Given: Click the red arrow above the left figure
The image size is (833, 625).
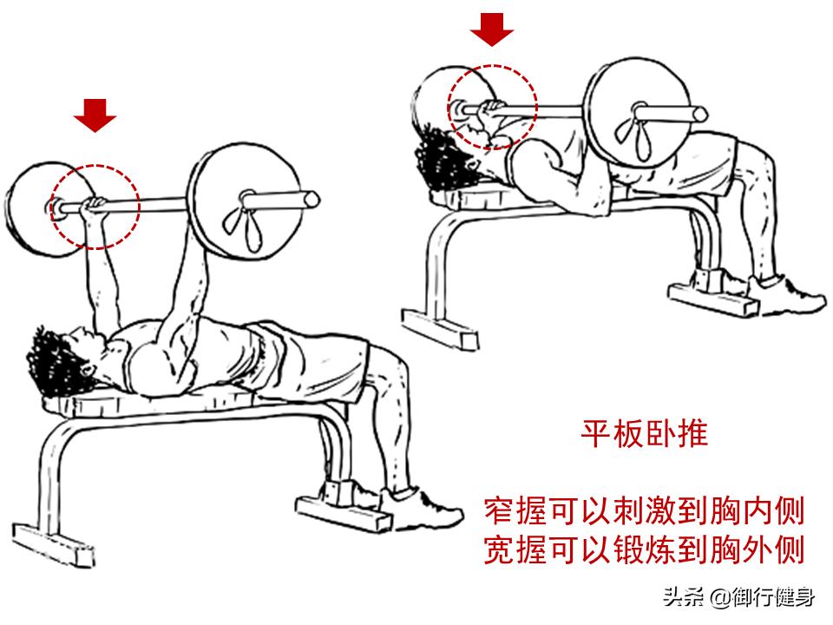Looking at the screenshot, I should click(95, 115).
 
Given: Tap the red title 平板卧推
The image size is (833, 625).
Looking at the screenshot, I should click(644, 432).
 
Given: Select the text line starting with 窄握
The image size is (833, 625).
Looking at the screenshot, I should click(644, 510).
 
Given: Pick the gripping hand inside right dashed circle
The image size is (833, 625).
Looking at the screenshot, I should click(492, 109).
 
